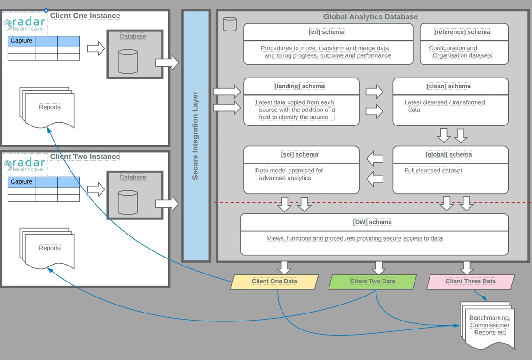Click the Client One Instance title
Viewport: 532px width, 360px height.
click(x=85, y=16)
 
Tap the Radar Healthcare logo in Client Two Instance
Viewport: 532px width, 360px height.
click(x=25, y=165)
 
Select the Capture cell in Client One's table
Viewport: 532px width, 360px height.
click(x=21, y=41)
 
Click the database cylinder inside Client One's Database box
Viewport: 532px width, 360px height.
click(x=128, y=62)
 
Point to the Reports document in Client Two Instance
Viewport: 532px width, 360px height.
click(x=49, y=248)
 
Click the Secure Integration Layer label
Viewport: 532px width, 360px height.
click(x=196, y=136)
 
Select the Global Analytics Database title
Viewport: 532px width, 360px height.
click(x=370, y=16)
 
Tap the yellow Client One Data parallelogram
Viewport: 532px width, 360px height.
click(x=274, y=282)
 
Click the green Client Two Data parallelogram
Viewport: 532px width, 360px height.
click(x=372, y=282)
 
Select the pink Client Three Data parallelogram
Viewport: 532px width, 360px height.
click(x=470, y=282)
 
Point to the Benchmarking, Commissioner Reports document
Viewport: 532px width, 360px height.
click(x=489, y=325)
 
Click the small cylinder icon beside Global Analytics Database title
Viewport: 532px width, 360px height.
click(x=230, y=24)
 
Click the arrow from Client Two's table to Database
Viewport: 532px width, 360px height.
click(x=96, y=190)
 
